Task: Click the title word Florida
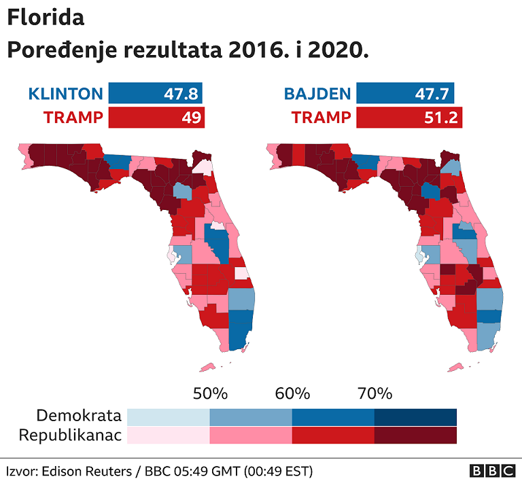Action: point(46,18)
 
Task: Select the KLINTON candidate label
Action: point(65,94)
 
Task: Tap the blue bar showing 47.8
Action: point(156,94)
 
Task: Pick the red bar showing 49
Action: point(156,118)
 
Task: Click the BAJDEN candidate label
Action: point(317,94)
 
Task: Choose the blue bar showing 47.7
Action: point(404,94)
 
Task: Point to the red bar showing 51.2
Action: point(408,118)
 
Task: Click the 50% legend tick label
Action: point(210,394)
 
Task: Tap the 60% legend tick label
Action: point(292,394)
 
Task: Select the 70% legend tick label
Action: point(375,394)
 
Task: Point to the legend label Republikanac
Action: point(70,435)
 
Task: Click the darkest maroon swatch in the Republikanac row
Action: point(415,435)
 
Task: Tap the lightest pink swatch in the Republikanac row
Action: point(168,435)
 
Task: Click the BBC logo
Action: point(491,471)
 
